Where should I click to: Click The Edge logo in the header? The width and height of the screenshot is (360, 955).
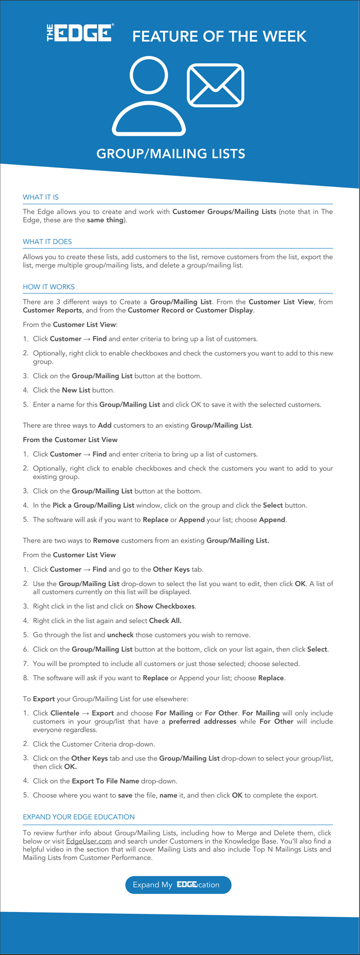(80, 33)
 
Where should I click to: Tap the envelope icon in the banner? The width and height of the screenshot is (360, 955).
(216, 85)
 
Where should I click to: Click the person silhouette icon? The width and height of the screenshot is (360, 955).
(149, 96)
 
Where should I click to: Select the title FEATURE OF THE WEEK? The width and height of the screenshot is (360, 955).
(219, 36)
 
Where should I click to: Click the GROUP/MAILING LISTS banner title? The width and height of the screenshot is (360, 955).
(171, 154)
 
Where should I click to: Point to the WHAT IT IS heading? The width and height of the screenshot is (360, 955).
(40, 197)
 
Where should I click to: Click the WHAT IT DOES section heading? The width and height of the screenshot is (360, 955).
(47, 242)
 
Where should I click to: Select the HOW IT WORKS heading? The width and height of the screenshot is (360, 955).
(49, 287)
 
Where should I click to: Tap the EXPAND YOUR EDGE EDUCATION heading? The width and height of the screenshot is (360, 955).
(79, 816)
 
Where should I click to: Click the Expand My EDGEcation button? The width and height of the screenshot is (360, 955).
(178, 884)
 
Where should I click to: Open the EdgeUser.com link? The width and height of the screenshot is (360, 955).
(89, 841)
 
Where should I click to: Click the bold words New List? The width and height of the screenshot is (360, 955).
(76, 390)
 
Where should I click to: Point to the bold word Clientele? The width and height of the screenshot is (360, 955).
(65, 713)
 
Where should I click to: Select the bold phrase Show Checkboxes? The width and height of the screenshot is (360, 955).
(165, 606)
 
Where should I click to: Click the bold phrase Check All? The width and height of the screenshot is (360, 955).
(165, 620)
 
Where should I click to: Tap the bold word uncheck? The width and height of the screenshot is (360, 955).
(120, 635)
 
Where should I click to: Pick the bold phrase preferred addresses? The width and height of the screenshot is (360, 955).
(202, 721)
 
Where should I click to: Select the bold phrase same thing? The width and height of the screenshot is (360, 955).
(105, 220)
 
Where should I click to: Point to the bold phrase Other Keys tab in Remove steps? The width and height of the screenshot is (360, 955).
(171, 569)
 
